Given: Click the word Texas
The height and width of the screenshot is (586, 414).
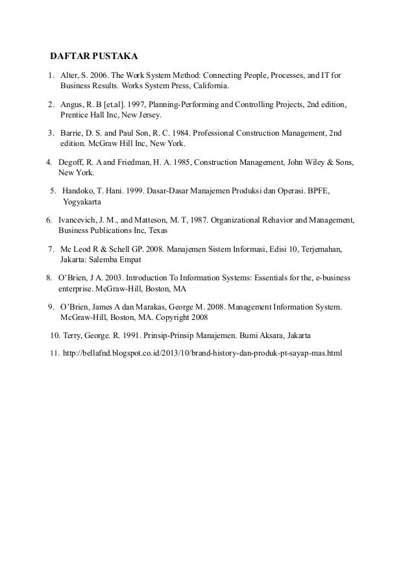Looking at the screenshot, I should point(156,230).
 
